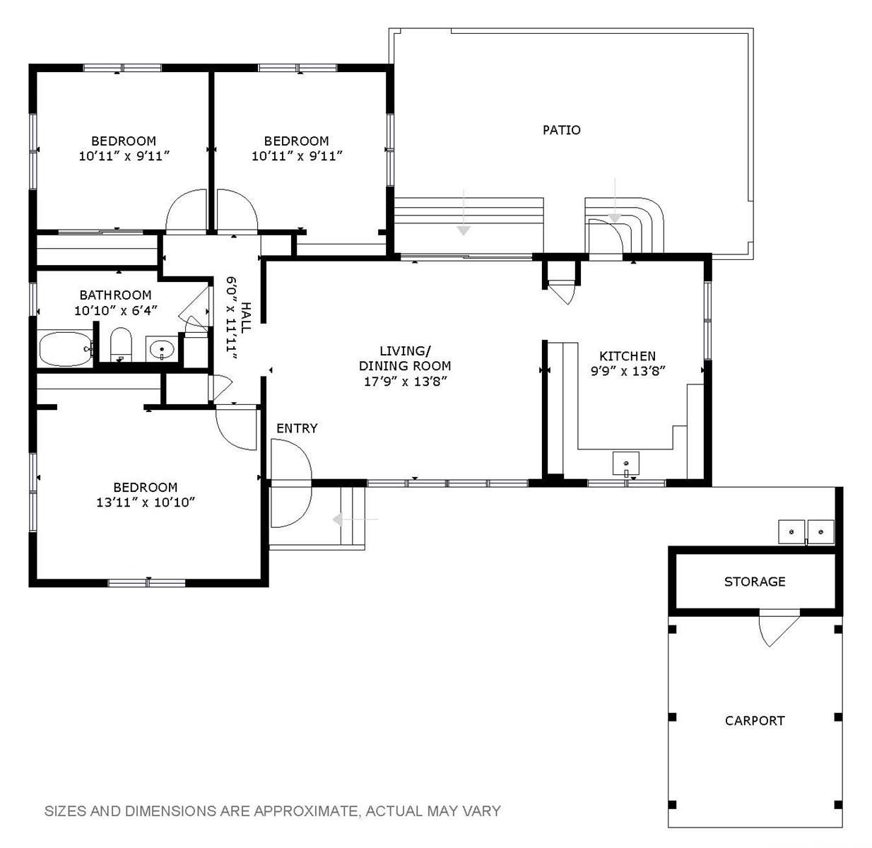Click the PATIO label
[x=562, y=130]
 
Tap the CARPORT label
[x=755, y=734]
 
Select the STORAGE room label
[x=755, y=582]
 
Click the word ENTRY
[x=297, y=428]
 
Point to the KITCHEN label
[x=628, y=356]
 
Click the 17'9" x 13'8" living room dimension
[x=405, y=382]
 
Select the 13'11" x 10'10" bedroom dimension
[x=146, y=502]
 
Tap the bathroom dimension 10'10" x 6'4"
[x=116, y=311]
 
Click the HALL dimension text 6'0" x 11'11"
[x=231, y=318]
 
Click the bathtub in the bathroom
[x=66, y=348]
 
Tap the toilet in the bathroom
[x=121, y=344]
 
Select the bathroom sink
[x=162, y=348]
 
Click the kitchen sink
[x=626, y=463]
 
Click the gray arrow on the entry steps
[x=355, y=519]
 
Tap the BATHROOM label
[x=116, y=295]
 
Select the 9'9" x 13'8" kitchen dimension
[x=628, y=371]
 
